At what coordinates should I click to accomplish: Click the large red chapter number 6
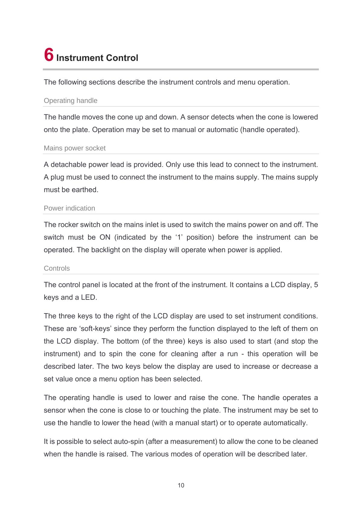pos(49,55)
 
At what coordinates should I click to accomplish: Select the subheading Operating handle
pos(71,101)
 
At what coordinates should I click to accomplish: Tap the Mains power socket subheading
pos(75,148)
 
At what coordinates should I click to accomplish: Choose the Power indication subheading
pos(69,208)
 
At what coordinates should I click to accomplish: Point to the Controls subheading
pos(57,268)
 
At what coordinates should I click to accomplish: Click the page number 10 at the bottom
pos(181,485)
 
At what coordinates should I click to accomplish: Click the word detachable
pos(68,165)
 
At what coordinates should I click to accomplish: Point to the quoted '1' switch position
pos(178,237)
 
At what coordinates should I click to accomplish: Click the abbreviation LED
pos(89,297)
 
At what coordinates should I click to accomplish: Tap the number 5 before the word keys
pos(316,285)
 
